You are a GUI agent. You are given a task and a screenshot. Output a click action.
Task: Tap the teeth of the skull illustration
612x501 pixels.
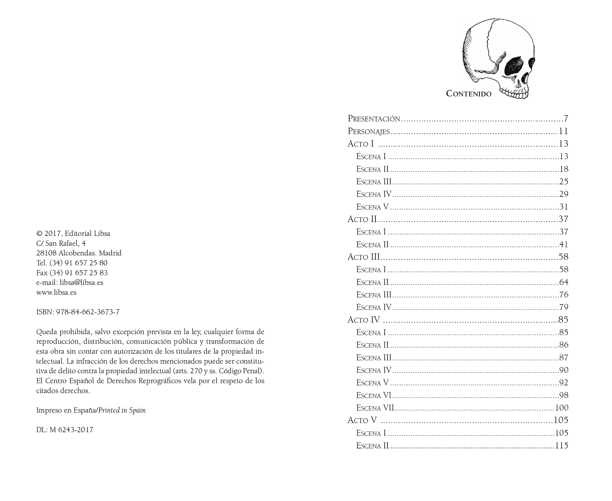click(514, 94)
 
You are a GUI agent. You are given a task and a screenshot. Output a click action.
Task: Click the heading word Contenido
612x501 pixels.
click(469, 94)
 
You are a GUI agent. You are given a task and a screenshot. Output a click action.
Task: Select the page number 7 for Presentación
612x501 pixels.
click(566, 119)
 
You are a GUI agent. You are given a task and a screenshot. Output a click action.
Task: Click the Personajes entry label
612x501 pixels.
click(369, 132)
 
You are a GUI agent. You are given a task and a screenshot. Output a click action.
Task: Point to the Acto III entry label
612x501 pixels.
click(364, 257)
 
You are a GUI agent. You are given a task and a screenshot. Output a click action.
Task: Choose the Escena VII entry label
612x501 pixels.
click(375, 408)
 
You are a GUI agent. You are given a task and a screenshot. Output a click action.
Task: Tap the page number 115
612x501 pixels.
click(562, 446)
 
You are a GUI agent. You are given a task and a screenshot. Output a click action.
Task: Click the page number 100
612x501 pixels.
click(562, 408)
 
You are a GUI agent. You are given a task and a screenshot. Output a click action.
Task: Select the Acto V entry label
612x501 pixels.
click(362, 420)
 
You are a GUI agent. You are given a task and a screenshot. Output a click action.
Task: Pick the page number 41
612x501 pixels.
click(564, 245)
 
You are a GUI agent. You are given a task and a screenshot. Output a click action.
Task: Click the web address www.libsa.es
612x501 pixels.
click(56, 292)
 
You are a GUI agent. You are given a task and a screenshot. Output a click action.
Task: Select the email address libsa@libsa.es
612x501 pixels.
click(82, 283)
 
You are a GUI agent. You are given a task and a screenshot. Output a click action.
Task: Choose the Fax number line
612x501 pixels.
click(72, 273)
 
